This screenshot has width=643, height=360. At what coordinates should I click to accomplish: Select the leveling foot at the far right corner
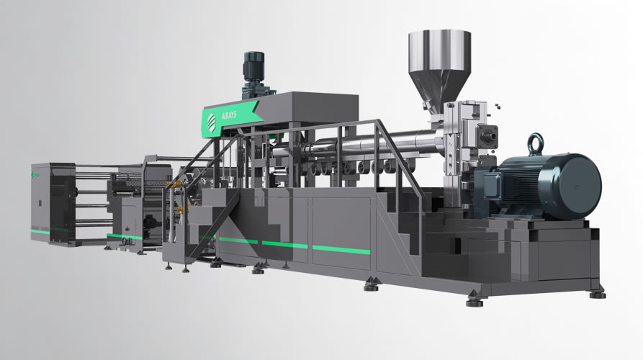tap(597, 294)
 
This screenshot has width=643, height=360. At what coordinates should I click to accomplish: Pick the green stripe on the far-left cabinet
tap(40, 232)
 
